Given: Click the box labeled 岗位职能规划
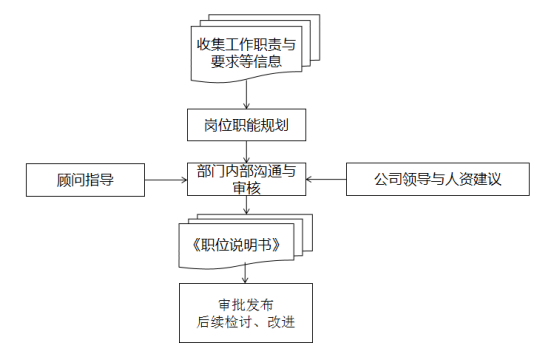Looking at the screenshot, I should [246, 126].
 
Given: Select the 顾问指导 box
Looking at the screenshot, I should [85, 180].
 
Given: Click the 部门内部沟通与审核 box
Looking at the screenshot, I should [246, 179].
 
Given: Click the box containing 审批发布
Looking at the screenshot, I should [245, 313].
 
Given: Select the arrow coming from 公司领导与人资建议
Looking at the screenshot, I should [326, 180].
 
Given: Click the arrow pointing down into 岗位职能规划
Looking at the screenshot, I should [246, 96].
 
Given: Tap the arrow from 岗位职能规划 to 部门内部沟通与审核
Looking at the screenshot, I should [246, 149].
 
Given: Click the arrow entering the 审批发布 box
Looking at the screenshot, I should [246, 275].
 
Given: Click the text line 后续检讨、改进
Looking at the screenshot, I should [245, 322].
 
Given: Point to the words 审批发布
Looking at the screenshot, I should [245, 303].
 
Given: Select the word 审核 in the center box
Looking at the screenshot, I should [246, 188].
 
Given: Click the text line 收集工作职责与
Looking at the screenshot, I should [246, 44].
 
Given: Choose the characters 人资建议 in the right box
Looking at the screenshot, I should [470, 180].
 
